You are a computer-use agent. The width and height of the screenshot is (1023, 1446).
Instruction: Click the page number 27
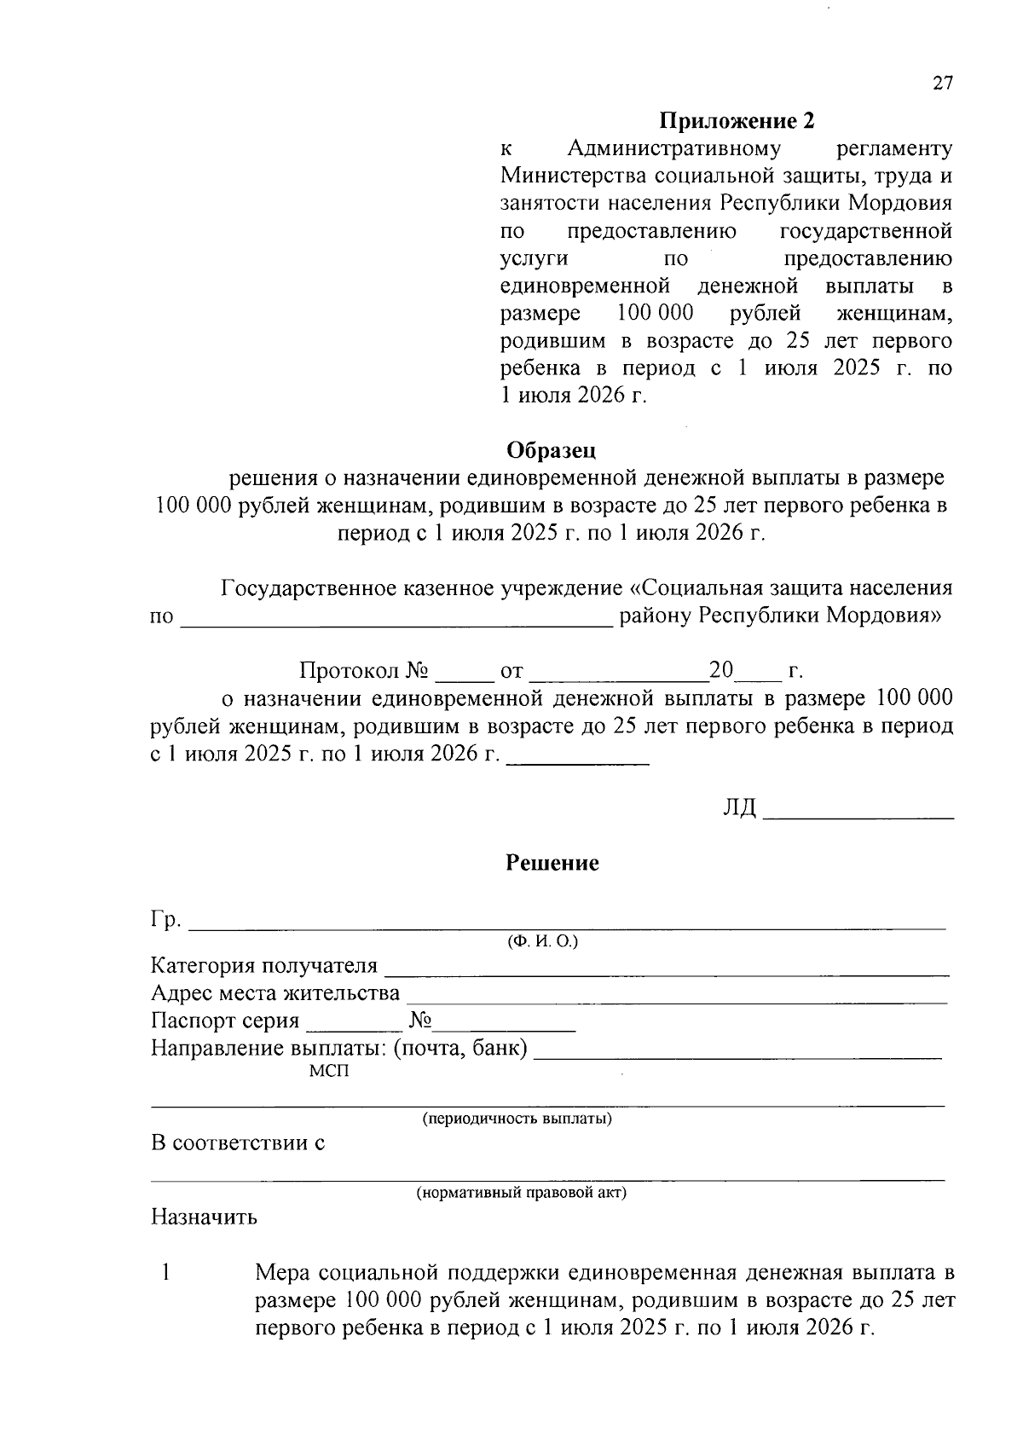(941, 84)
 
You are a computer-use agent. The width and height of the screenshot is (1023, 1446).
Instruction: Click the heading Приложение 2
(737, 121)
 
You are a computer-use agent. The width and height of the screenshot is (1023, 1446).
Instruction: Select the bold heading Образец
(552, 449)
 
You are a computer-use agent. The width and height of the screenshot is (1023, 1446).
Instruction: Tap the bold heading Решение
(552, 863)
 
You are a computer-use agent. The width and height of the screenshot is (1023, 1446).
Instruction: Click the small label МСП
(329, 1072)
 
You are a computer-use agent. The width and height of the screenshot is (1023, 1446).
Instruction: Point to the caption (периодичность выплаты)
(517, 1119)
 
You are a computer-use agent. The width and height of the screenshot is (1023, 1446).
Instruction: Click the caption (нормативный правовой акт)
(521, 1193)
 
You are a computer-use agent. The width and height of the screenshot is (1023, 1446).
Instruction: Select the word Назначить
(204, 1217)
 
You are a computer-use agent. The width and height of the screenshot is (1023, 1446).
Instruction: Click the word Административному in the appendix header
(673, 149)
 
